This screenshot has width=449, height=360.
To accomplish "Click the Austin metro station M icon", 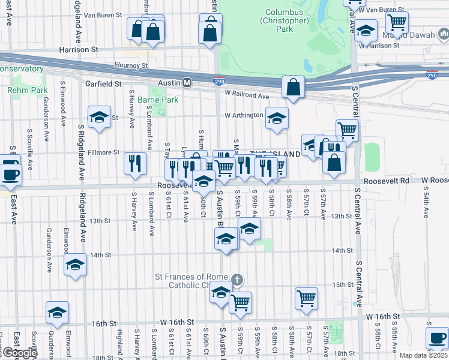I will pos(187,82).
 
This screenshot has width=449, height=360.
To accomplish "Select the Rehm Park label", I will pos(27,90).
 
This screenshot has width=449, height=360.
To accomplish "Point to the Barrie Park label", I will pos(158,100).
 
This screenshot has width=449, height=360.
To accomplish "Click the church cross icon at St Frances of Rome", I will pos(238,280).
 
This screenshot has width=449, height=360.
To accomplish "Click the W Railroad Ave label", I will pos(247,95).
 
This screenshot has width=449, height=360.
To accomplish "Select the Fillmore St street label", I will pos(104,152).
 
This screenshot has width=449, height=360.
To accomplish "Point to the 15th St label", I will pos(342,284).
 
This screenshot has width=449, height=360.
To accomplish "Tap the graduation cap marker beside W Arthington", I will pos(277,118).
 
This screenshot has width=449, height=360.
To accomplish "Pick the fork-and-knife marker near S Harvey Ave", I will pos(135,163).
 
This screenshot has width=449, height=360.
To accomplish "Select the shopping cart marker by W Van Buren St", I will pos(397,22).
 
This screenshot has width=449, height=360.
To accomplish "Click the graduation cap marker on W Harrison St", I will pos(365,29).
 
